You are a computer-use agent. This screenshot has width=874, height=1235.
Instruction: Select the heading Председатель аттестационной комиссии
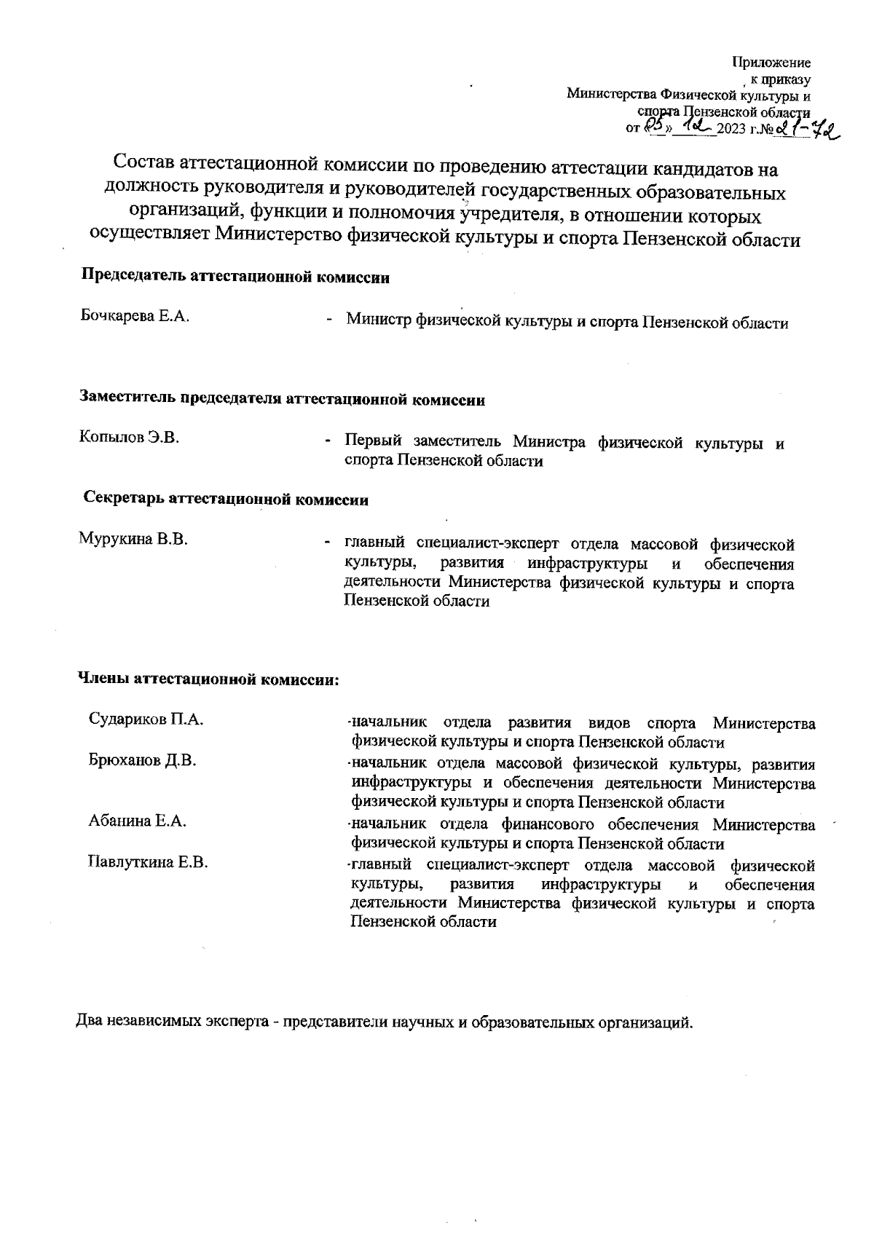[x=235, y=277]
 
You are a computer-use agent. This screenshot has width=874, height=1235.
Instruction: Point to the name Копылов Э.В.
[x=129, y=438]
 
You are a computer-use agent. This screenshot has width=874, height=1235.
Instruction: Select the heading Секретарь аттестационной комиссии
[x=226, y=500]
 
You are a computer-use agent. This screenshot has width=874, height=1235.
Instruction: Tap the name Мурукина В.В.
[x=133, y=540]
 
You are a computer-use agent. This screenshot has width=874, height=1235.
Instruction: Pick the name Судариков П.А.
[x=145, y=719]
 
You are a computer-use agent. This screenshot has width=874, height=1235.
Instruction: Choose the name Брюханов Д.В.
[x=142, y=760]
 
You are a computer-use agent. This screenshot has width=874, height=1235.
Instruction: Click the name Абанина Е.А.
[x=137, y=821]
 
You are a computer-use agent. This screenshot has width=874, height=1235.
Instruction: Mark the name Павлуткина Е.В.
[x=148, y=863]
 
